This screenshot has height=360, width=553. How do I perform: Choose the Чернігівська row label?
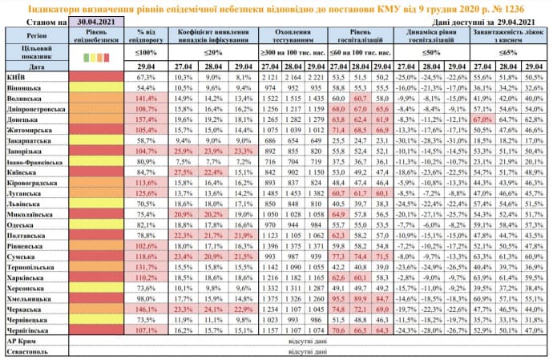tap(29, 329)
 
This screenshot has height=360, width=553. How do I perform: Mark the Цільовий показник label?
tap(34, 53)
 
